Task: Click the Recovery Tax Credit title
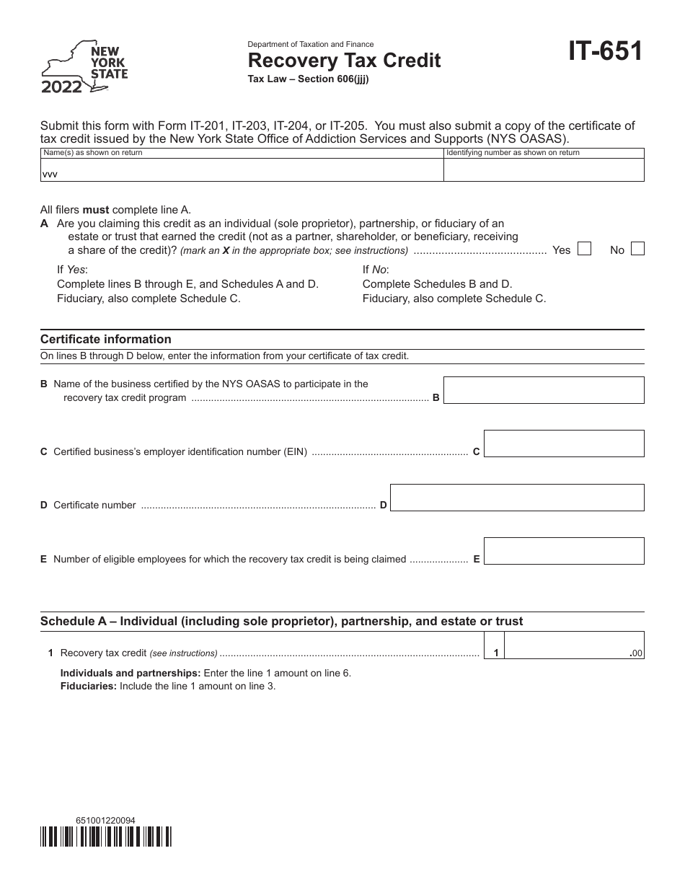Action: [345, 61]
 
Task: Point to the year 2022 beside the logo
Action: [61, 87]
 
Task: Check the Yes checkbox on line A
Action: [585, 249]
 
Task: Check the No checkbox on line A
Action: [637, 249]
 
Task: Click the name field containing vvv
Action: [241, 170]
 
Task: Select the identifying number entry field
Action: [544, 170]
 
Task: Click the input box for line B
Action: [543, 390]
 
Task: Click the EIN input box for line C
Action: [563, 444]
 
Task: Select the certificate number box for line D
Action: [517, 498]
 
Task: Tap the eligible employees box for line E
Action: [563, 551]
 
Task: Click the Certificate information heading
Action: [106, 339]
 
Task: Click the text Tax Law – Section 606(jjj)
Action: [309, 79]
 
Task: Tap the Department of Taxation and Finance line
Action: [311, 44]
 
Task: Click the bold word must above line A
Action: [96, 211]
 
